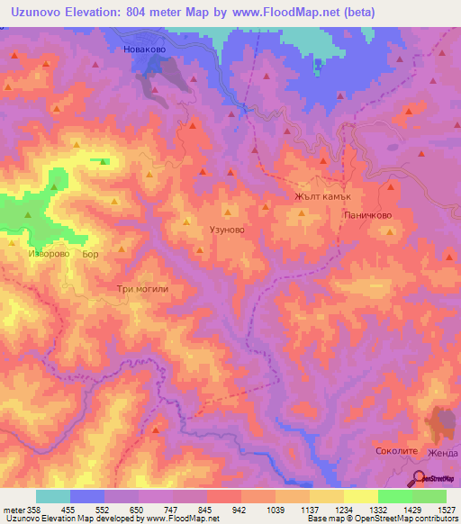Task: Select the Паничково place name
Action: click(366, 216)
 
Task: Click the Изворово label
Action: click(50, 255)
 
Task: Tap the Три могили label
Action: click(141, 289)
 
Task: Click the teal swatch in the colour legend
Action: click(52, 496)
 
